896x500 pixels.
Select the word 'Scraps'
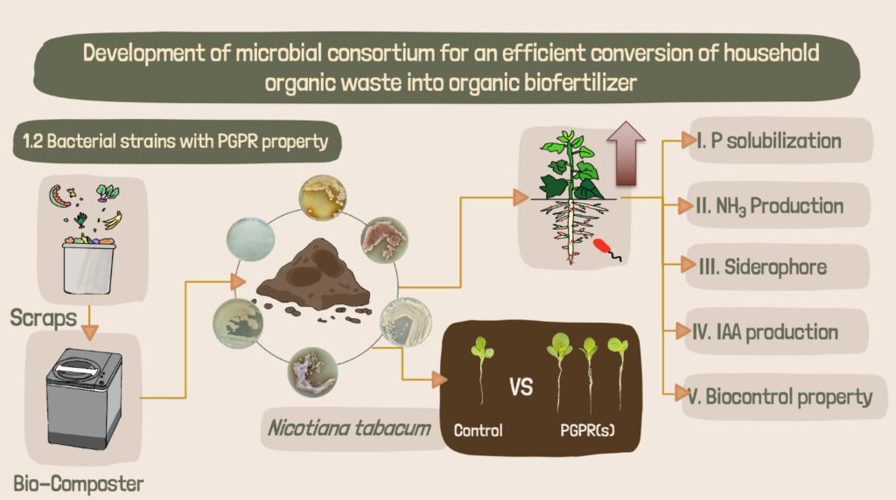(x=45, y=318)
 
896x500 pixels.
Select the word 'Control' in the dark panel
(x=478, y=430)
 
